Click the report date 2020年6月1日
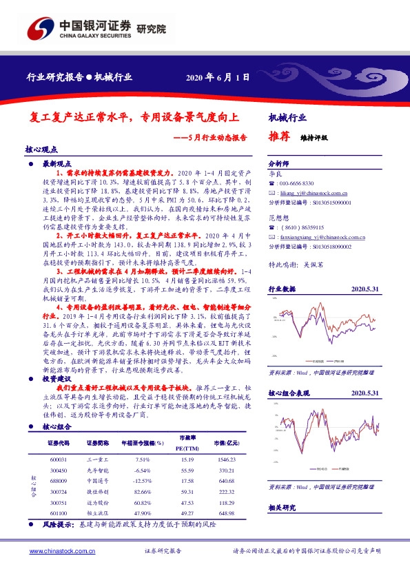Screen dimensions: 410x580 217,77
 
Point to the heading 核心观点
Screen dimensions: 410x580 41,149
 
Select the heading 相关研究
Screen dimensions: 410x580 282,508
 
